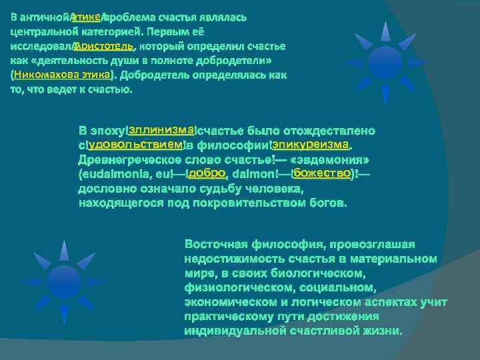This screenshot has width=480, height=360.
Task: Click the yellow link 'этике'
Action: click(x=85, y=16)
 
